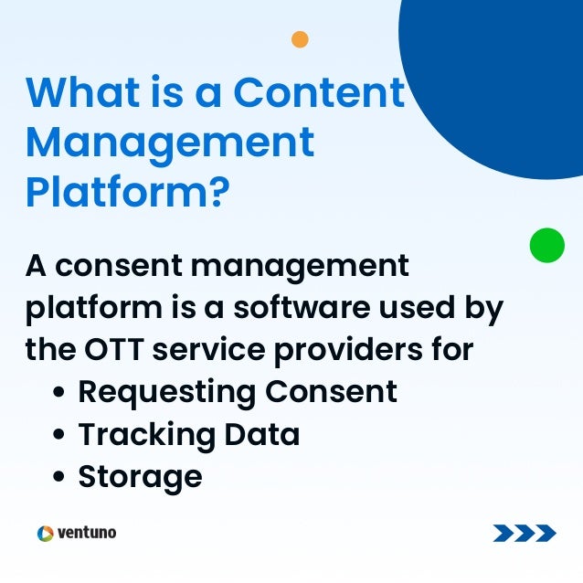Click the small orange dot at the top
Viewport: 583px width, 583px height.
pyautogui.click(x=300, y=39)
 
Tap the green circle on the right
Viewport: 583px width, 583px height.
pyautogui.click(x=547, y=245)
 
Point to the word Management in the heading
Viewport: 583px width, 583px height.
pyautogui.click(x=170, y=143)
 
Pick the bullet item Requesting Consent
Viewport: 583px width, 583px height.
pyautogui.click(x=238, y=392)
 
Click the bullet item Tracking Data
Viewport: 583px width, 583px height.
pyautogui.click(x=188, y=434)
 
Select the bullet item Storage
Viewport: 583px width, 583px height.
pyautogui.click(x=140, y=476)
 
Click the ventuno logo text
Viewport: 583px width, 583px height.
pyautogui.click(x=87, y=532)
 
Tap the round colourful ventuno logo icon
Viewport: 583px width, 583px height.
pyautogui.click(x=45, y=533)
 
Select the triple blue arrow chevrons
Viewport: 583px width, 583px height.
pyautogui.click(x=524, y=533)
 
